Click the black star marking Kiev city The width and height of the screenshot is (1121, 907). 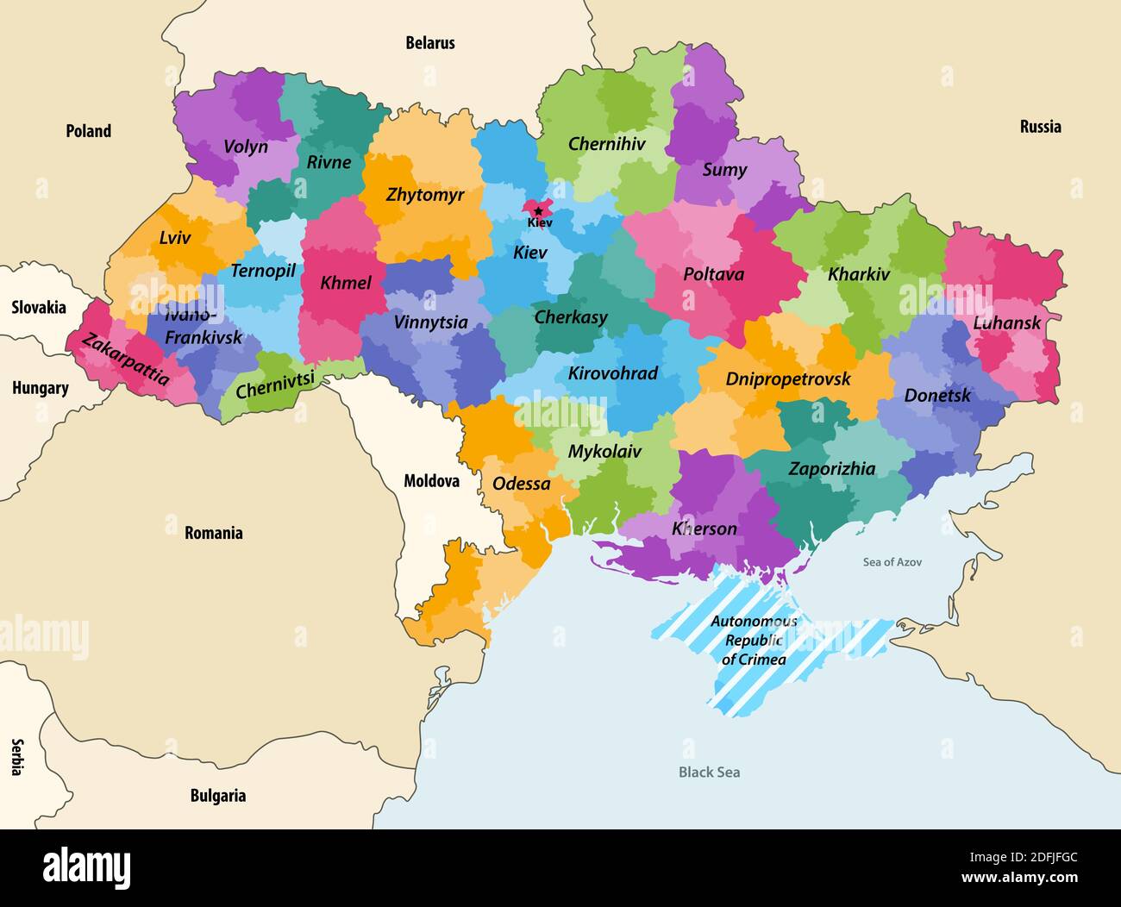(538, 210)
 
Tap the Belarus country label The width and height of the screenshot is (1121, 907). (430, 42)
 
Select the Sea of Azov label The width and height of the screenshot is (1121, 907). (892, 562)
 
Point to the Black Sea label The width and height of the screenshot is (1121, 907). (709, 773)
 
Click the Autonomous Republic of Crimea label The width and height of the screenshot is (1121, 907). (754, 641)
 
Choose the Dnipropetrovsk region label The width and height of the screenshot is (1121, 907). (787, 379)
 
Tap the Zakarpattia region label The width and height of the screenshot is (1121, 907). (125, 360)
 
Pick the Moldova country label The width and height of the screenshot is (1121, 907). (431, 481)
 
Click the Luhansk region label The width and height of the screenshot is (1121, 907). (1007, 323)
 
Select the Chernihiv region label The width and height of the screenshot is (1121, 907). (606, 144)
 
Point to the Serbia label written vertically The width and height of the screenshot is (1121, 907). (16, 757)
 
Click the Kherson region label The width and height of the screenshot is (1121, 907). (705, 529)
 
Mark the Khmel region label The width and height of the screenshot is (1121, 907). (346, 283)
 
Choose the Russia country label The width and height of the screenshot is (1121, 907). (1040, 127)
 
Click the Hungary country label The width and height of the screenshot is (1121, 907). (40, 388)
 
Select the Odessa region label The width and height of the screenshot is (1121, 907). (521, 484)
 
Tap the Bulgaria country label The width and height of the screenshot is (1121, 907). (217, 796)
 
